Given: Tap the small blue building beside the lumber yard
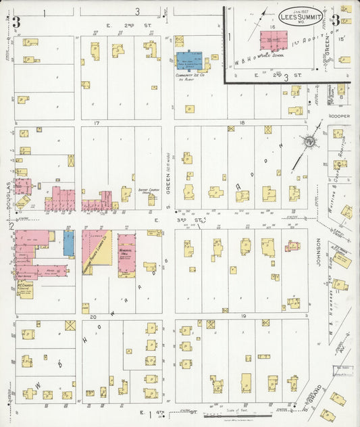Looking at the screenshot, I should tap(69, 243).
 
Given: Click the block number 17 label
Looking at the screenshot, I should tap(97, 124).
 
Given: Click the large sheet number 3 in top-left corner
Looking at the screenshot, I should tap(16, 22).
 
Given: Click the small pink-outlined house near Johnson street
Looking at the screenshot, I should tap(292, 246).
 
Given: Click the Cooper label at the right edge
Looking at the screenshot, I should tap(339, 116).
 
